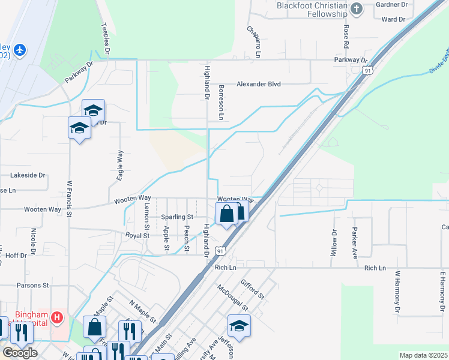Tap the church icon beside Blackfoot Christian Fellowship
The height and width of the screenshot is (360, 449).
point(357,8)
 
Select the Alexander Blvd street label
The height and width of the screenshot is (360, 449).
point(258,85)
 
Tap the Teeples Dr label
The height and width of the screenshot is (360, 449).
point(106,40)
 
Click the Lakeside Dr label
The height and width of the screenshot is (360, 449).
point(28,175)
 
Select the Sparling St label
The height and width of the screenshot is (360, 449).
point(177,217)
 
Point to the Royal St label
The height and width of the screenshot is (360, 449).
point(137,236)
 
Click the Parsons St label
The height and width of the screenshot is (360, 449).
point(32,286)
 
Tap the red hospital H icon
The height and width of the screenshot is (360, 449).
point(57,317)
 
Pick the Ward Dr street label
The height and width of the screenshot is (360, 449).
point(394,19)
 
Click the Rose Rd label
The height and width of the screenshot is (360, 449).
point(346,36)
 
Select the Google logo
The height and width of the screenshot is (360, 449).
point(20,353)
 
